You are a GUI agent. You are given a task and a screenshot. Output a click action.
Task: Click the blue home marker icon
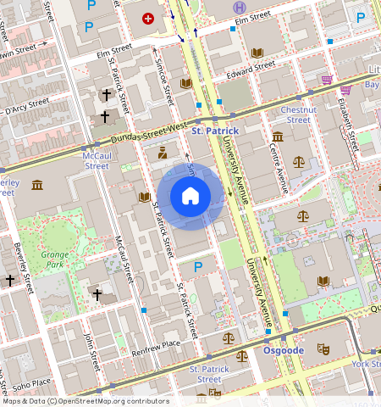click(x=190, y=197)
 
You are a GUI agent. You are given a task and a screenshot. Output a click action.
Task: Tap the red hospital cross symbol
click(x=149, y=18)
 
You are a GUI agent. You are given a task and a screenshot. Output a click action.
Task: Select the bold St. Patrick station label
click(x=215, y=131)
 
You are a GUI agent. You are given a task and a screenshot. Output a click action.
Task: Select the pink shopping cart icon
click(x=326, y=80)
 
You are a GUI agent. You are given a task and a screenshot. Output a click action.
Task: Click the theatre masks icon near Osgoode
click(x=322, y=348)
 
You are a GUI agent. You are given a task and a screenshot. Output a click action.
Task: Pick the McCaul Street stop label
click(x=95, y=161)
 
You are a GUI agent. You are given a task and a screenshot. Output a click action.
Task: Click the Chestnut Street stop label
click(x=297, y=114)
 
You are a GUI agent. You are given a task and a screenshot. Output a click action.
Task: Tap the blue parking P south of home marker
click(x=199, y=267)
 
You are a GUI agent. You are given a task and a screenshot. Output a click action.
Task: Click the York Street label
click(x=365, y=364)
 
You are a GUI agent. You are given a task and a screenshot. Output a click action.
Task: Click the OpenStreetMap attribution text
click(x=85, y=401)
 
